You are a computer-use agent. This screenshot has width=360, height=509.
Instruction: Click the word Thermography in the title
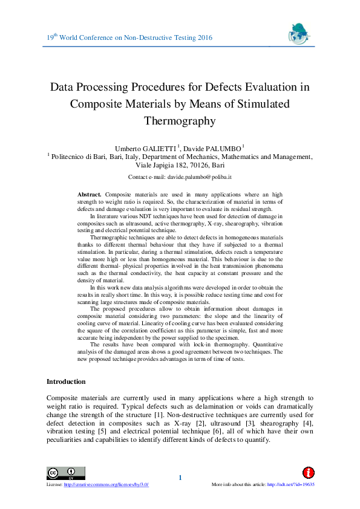[x=180, y=120]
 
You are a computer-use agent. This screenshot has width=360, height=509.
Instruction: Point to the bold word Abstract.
[x=90, y=193]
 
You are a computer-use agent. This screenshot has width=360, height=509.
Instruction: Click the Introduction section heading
[x=66, y=381]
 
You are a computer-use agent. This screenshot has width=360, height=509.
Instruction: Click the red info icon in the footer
[x=308, y=472]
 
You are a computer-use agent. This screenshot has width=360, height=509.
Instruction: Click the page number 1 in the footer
[x=180, y=479]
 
